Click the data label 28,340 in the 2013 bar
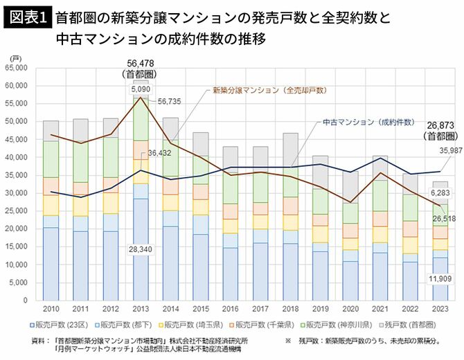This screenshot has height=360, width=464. click(x=141, y=246)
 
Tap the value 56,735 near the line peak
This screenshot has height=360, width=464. click(x=169, y=101)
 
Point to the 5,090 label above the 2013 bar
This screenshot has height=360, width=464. click(x=139, y=89)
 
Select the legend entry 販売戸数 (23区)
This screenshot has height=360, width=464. click(x=59, y=324)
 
